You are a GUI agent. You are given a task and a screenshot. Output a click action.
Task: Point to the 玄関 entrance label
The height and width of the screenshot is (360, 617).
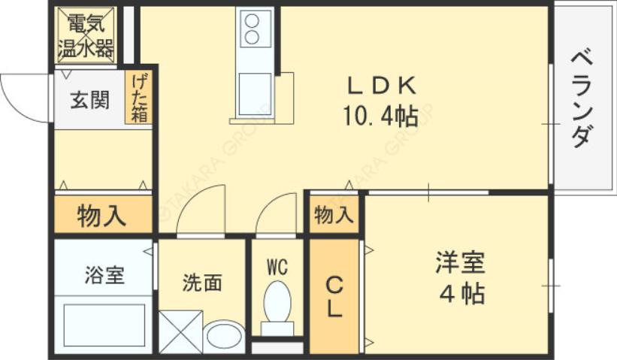pyautogui.click(x=89, y=100)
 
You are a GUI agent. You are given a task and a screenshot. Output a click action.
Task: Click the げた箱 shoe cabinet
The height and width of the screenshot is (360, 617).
pyautogui.click(x=139, y=98)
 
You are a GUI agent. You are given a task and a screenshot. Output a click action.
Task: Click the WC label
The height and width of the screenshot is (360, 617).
pyautogui.click(x=277, y=266)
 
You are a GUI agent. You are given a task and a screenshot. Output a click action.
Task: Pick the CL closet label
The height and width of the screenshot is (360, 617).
pyautogui.click(x=334, y=297)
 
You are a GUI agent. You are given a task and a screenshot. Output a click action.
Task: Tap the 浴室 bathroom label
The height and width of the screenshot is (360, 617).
pyautogui.click(x=104, y=275)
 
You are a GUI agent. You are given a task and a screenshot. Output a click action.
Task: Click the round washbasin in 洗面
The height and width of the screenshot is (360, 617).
pyautogui.click(x=223, y=335)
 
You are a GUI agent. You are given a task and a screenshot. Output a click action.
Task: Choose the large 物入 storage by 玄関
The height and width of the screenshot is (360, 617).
pyautogui.click(x=102, y=216)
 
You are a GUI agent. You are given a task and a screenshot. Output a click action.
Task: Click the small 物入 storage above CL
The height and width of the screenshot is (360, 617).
pyautogui.click(x=333, y=215)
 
